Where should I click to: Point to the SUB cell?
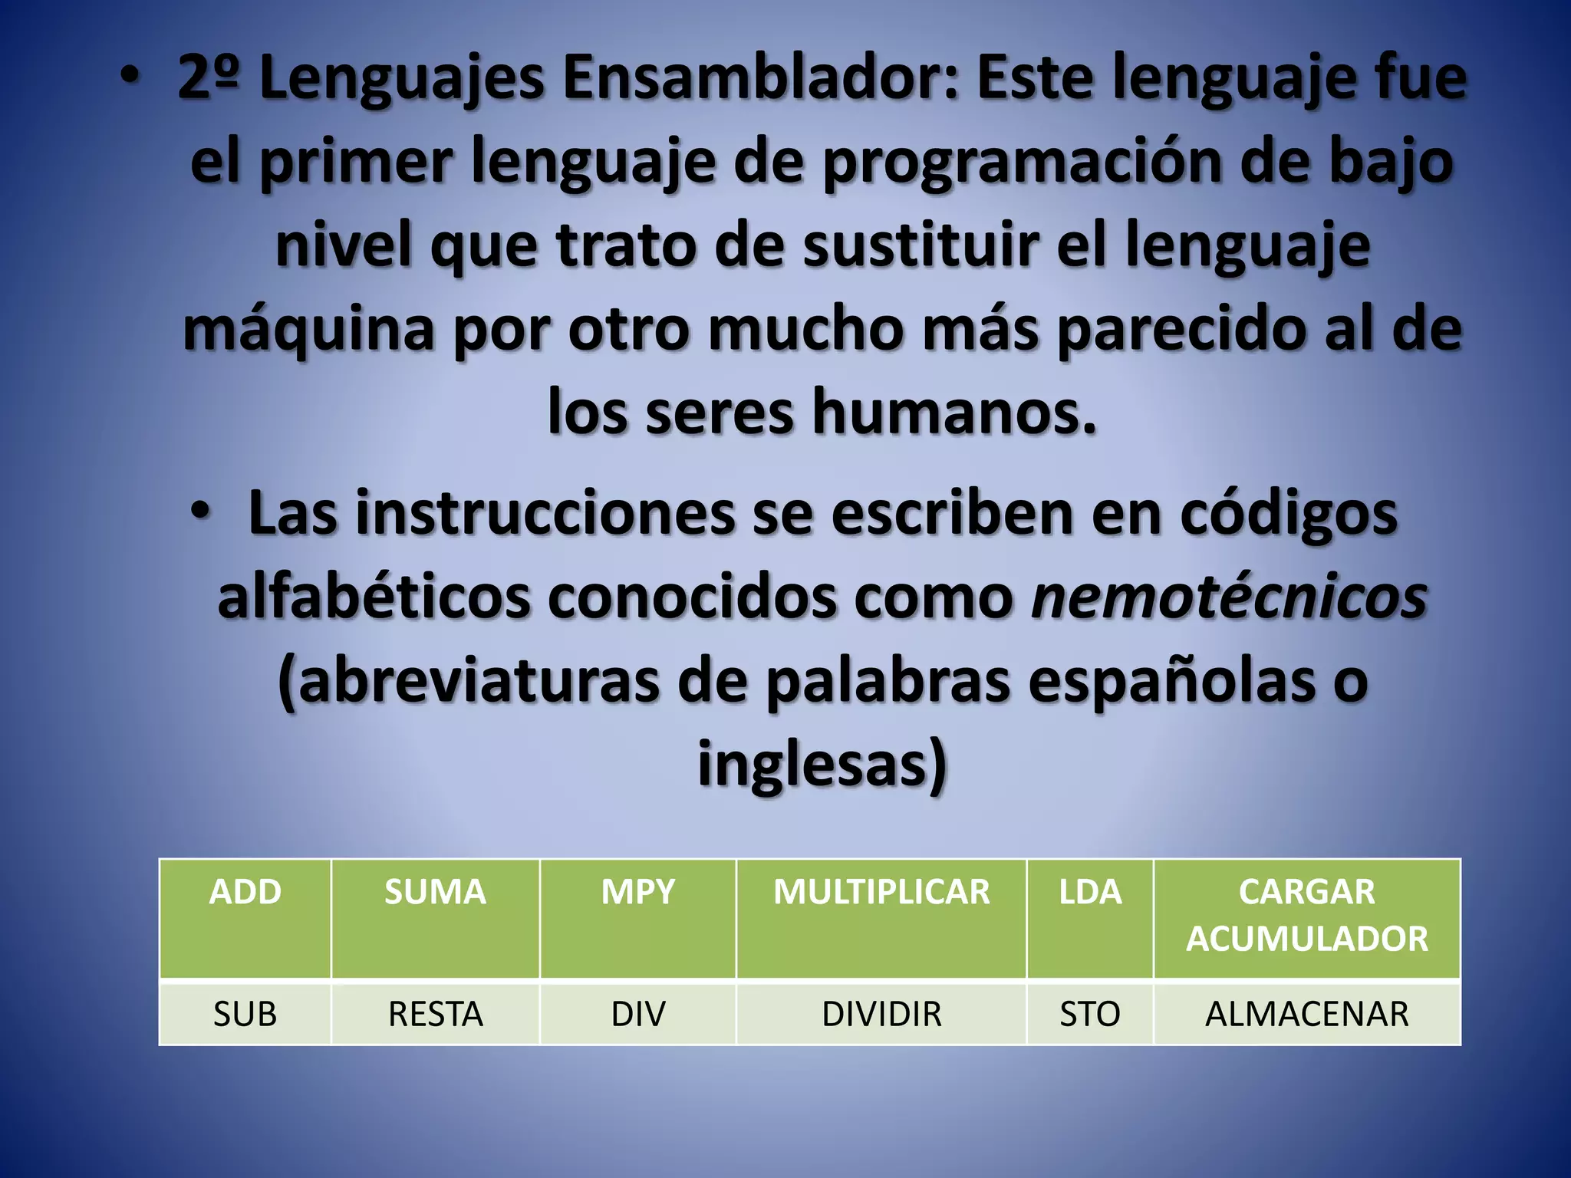[x=245, y=1014]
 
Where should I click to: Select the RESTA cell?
[x=435, y=1014]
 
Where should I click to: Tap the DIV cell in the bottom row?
[x=637, y=1014]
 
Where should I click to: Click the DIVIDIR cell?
[x=881, y=1014]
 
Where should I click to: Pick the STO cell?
[x=1089, y=1014]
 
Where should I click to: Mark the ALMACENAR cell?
[x=1306, y=1014]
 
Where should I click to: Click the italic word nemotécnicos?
[x=1228, y=597]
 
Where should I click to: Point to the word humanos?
[x=954, y=413]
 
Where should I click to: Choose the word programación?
[x=1023, y=163]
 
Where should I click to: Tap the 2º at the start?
[x=208, y=78]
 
